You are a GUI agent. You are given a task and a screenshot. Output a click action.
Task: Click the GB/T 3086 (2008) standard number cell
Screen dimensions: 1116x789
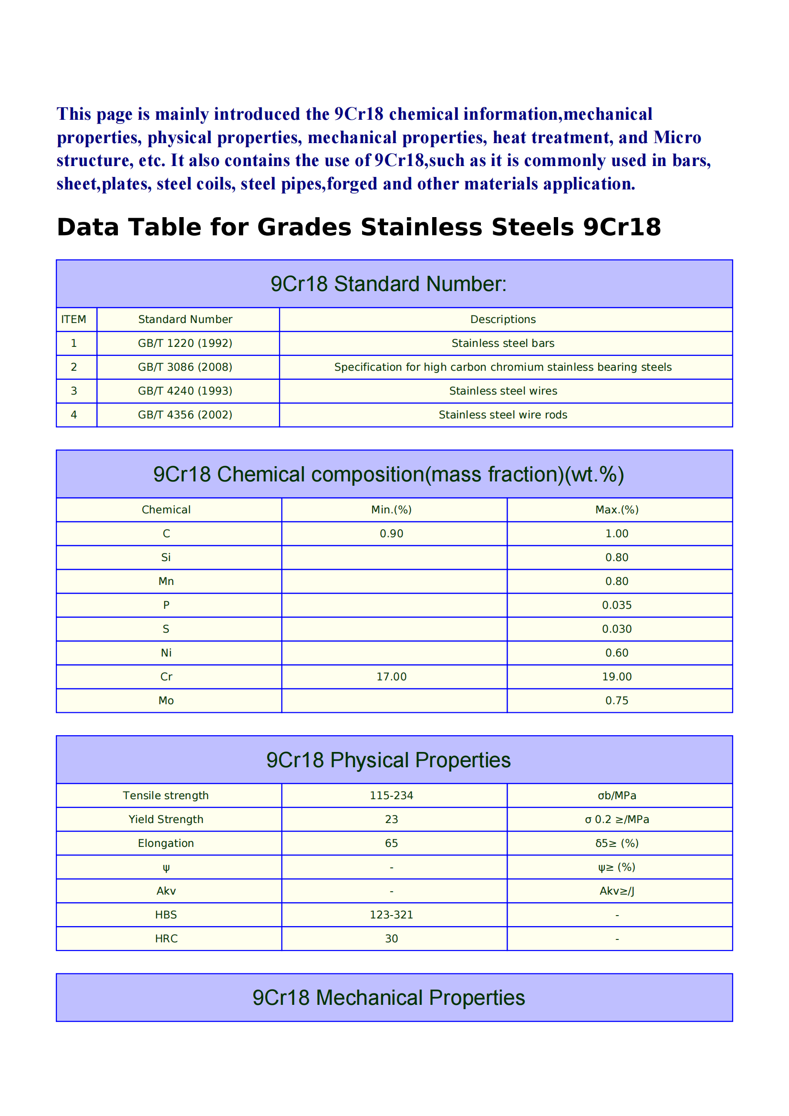(x=185, y=367)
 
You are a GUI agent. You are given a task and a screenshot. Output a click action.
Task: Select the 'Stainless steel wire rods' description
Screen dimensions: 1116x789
(x=503, y=415)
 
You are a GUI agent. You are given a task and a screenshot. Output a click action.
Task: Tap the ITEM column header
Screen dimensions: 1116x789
(x=73, y=319)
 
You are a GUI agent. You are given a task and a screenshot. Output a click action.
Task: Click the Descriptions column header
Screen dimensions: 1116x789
(x=503, y=319)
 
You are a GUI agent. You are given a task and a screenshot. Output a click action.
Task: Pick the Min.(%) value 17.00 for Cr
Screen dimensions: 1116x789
(x=391, y=677)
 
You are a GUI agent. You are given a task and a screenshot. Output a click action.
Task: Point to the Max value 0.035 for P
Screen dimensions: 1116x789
(x=616, y=605)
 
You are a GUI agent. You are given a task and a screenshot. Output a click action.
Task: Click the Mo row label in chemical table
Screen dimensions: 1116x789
(x=166, y=700)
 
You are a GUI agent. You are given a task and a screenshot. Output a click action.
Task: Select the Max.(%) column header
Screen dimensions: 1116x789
(x=616, y=510)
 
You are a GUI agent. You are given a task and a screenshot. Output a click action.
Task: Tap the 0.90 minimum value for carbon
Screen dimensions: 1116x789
(x=391, y=533)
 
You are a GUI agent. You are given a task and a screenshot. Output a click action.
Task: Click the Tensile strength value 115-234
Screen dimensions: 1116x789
(x=391, y=795)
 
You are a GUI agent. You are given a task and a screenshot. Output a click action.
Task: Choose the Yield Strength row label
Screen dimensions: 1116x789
(x=166, y=819)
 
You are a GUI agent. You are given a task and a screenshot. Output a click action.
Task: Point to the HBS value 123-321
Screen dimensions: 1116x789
(x=391, y=915)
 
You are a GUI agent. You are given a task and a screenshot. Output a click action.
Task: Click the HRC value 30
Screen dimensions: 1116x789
(x=391, y=939)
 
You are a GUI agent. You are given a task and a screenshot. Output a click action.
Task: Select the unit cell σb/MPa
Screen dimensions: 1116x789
(x=616, y=795)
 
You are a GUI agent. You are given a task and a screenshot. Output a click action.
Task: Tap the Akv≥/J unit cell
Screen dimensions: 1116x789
(x=616, y=891)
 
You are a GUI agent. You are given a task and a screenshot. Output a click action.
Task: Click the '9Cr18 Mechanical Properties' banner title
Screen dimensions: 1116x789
(x=389, y=997)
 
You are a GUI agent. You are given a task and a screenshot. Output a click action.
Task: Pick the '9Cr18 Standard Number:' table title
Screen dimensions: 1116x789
(x=389, y=284)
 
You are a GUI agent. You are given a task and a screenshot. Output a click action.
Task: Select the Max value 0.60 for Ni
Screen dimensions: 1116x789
(x=616, y=653)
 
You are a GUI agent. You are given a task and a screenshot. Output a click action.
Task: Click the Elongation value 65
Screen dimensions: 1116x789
(x=391, y=843)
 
